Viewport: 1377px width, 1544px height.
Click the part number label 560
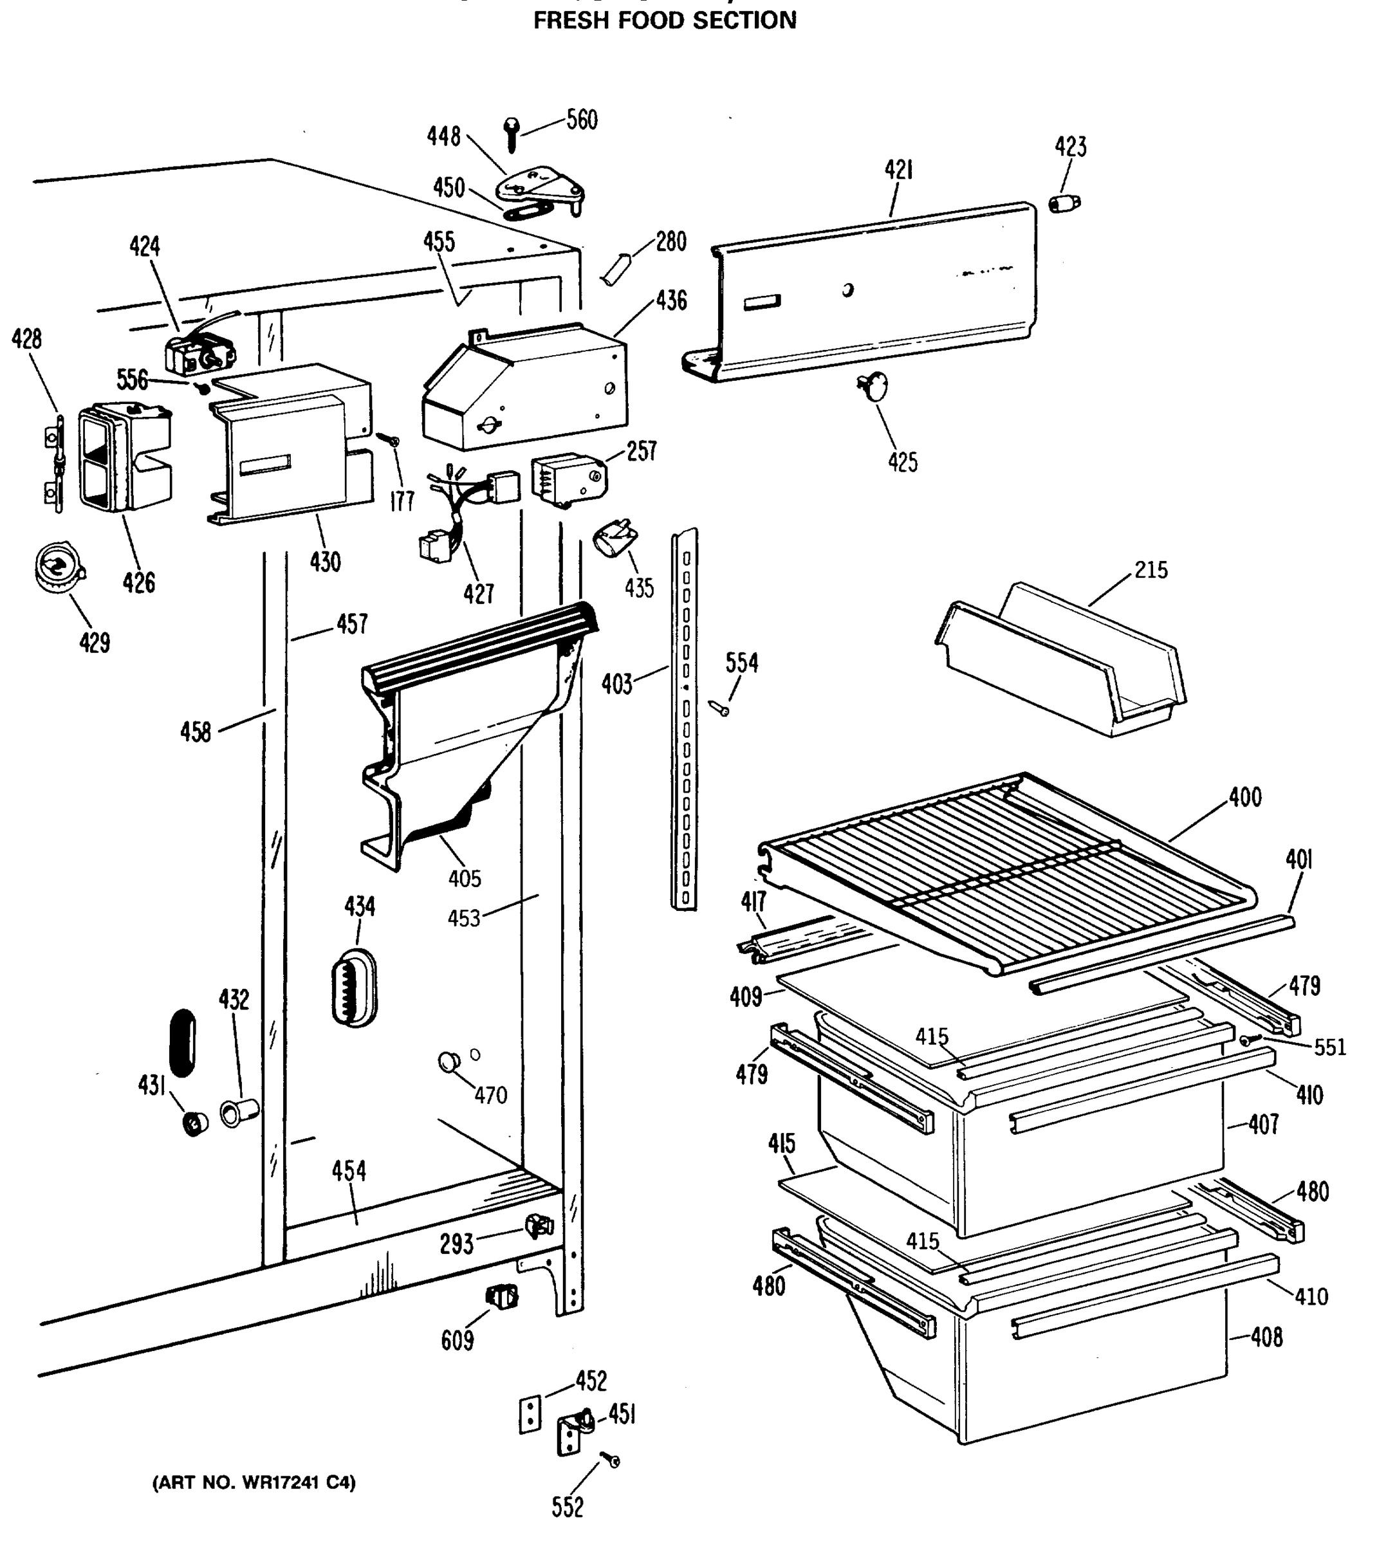coord(582,120)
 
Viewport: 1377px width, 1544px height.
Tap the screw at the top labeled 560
coord(512,134)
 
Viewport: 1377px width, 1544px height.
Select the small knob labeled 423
coord(1064,203)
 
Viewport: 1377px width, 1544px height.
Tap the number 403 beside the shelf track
coord(616,685)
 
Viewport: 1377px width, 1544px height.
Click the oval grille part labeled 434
coord(354,988)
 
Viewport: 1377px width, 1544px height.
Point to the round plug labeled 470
coord(448,1061)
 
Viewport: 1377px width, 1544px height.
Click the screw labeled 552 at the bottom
coord(609,1459)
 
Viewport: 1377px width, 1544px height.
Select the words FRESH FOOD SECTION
coord(665,21)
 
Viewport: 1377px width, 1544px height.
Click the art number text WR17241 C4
coord(254,1482)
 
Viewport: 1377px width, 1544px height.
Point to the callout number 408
coord(1266,1337)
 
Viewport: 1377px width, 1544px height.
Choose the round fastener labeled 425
coord(874,387)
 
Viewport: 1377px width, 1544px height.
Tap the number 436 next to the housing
coord(671,300)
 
